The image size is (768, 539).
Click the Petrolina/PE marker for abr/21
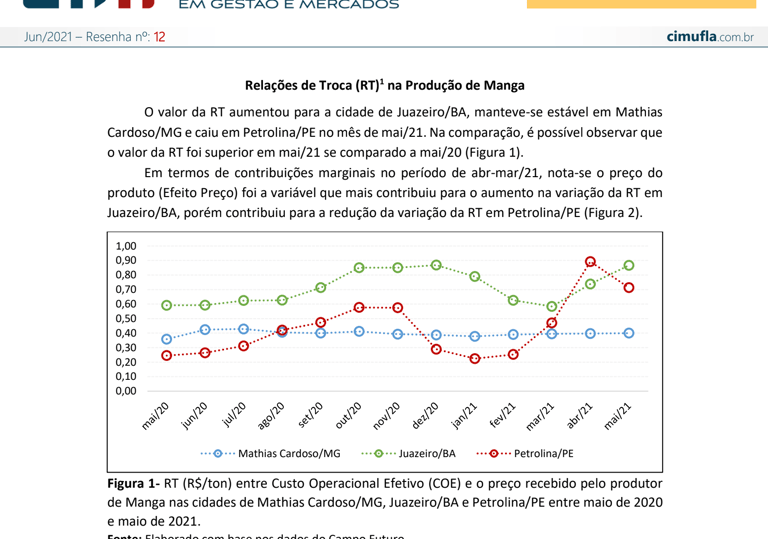(590, 262)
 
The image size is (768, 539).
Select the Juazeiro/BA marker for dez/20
(436, 265)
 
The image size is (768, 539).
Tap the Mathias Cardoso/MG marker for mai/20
(167, 340)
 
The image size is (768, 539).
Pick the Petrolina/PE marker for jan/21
(475, 358)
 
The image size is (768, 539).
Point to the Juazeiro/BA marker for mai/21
(628, 266)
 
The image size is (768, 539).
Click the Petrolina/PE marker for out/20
(359, 307)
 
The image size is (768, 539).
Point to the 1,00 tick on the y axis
(125, 246)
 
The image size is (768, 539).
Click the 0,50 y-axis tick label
(125, 319)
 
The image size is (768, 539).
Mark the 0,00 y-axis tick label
(125, 391)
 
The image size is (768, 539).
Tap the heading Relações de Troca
(384, 86)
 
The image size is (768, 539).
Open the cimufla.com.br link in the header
(710, 37)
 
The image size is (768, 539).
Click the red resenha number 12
(159, 37)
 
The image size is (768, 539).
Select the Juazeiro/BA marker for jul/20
(243, 300)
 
